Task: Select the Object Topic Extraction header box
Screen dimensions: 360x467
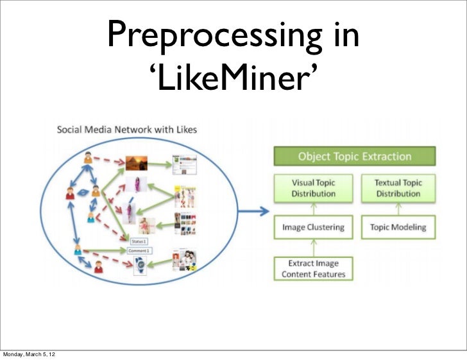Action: coord(354,156)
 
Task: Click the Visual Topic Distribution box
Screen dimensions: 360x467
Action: coord(314,188)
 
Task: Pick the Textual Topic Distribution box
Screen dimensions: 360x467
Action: coord(398,188)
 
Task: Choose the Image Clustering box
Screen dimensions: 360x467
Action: coord(314,227)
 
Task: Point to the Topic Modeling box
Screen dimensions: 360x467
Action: coord(398,227)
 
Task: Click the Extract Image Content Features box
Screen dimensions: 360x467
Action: coord(314,269)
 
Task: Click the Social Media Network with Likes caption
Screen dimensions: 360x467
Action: coord(127,129)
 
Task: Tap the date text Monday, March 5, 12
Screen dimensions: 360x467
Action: coord(28,354)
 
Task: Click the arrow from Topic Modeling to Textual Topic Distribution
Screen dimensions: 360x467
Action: coord(398,209)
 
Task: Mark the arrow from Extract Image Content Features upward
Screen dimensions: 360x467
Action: coord(314,247)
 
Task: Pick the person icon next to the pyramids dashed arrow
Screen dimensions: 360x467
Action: coord(87,157)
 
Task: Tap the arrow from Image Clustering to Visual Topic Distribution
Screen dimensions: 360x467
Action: coord(314,209)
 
